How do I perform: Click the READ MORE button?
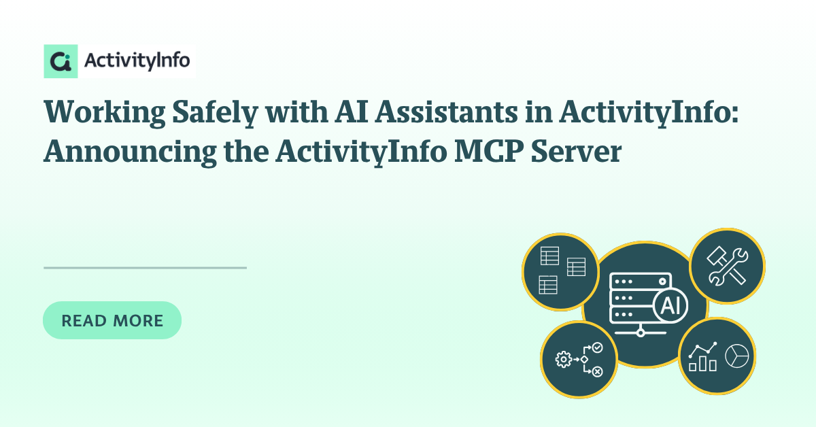click(x=112, y=320)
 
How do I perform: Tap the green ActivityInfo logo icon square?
click(x=61, y=61)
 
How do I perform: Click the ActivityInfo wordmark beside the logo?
click(x=137, y=61)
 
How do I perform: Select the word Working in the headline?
click(x=104, y=113)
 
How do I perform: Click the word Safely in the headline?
click(x=216, y=113)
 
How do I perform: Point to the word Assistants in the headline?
click(x=447, y=112)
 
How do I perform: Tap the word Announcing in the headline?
click(x=130, y=152)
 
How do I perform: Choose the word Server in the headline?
click(x=577, y=152)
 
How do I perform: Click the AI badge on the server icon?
click(x=670, y=305)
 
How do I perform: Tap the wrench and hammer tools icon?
click(x=728, y=266)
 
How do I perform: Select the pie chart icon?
click(x=737, y=356)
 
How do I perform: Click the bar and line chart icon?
click(x=702, y=357)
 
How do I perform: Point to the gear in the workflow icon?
click(x=564, y=359)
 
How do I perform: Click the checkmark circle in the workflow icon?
click(x=597, y=347)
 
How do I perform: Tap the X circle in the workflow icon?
click(x=597, y=372)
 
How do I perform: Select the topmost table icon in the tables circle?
click(x=549, y=256)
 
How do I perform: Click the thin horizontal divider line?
click(x=145, y=268)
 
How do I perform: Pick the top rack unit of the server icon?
click(x=640, y=281)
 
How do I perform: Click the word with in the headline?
click(x=296, y=112)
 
